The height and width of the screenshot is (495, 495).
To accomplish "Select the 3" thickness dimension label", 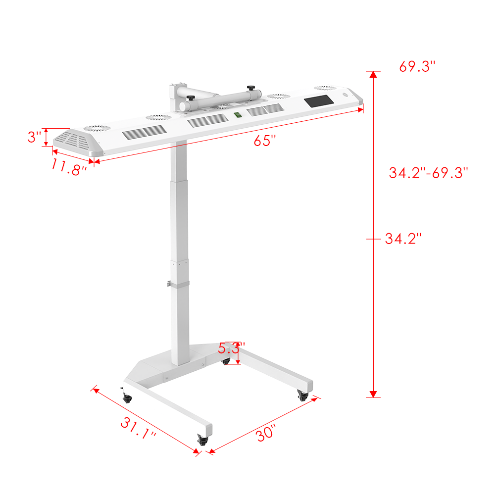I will pyautogui.click(x=34, y=137).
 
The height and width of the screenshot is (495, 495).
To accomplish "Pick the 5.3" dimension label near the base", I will pyautogui.click(x=231, y=348).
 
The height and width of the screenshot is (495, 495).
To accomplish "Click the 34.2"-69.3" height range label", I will pyautogui.click(x=428, y=173).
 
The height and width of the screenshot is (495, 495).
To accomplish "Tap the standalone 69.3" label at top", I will pyautogui.click(x=417, y=66).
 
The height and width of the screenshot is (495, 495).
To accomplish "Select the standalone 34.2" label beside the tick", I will pyautogui.click(x=403, y=239).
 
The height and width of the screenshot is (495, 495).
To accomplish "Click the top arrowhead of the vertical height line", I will pyautogui.click(x=374, y=75).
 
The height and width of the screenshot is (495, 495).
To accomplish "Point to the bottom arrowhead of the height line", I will pyautogui.click(x=374, y=394).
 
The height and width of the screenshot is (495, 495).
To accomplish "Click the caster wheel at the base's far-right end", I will pyautogui.click(x=302, y=395).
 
